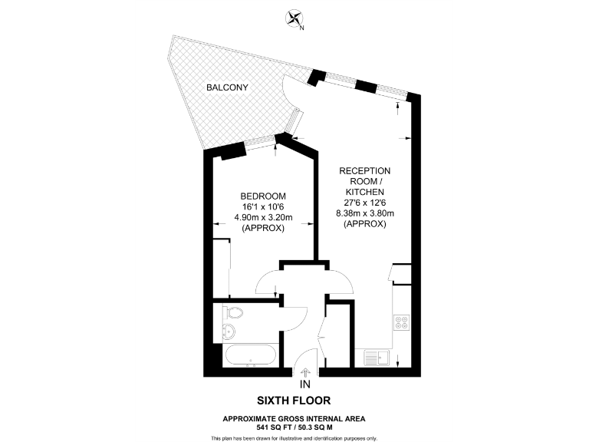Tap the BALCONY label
coord(226,88)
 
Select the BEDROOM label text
coord(263,196)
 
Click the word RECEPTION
coord(364,170)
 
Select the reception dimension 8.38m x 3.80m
coord(364,213)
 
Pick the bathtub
coord(250,356)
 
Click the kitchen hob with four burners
coord(402,322)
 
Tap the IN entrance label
coord(305,384)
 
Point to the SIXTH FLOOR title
coord(294,401)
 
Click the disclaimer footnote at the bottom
coord(294,437)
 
